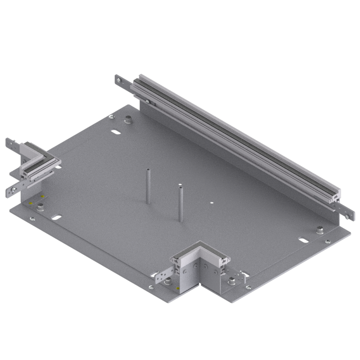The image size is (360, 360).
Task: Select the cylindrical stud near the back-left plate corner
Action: point(128,120)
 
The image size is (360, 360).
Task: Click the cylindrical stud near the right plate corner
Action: point(320,230)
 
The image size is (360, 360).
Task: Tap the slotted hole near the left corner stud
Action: point(56,218)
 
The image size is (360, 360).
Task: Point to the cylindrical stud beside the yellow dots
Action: point(41,207)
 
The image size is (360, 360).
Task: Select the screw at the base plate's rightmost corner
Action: point(327,242)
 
